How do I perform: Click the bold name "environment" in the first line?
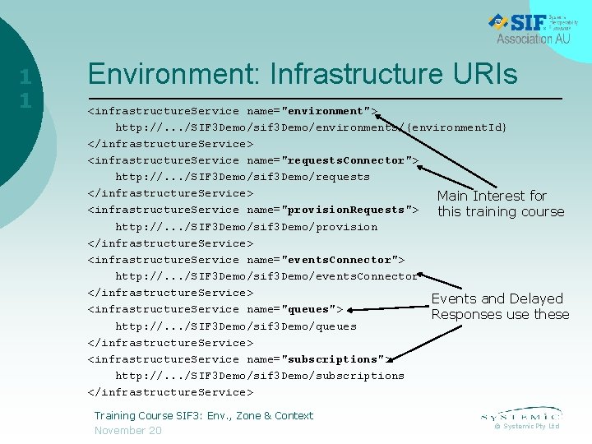[325, 111]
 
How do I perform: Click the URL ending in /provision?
[246, 227]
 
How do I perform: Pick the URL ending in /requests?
[242, 177]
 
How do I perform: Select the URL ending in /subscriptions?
[259, 376]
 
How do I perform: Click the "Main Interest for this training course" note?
[500, 204]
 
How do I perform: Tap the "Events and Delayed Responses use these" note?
[500, 307]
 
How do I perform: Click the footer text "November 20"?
[127, 431]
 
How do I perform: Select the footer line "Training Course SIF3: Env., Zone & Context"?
[203, 416]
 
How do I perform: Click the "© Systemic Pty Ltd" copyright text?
[526, 426]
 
